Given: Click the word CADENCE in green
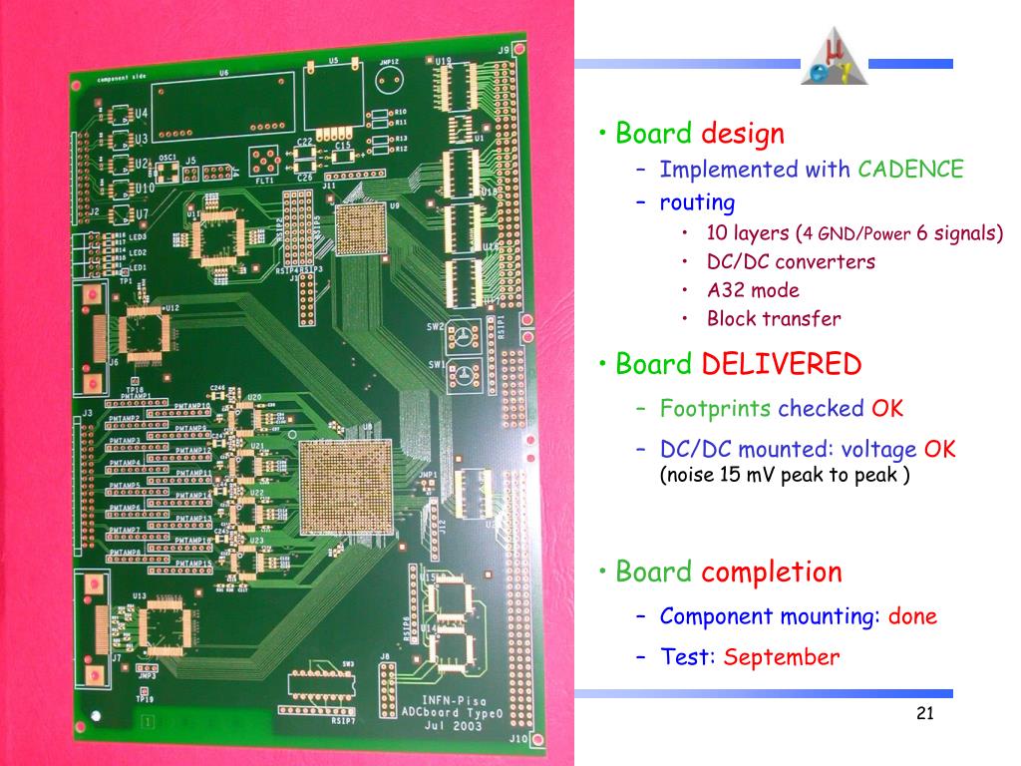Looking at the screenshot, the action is coord(911,170).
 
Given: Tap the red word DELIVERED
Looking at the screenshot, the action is coord(781,364).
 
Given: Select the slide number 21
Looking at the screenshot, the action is coord(924,713).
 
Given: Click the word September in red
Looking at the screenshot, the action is coord(782,657).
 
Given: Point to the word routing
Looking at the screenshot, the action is coord(697,202).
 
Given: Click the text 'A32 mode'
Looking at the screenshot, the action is coord(753,290).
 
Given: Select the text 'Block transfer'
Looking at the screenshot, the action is coord(774,319).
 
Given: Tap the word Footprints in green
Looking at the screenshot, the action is coord(715,408).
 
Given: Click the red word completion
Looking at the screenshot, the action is coord(772,573).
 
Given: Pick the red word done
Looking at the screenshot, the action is coord(912,615).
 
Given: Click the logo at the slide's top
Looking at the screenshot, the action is coord(836,58).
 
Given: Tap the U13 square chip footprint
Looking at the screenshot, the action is coord(164,626).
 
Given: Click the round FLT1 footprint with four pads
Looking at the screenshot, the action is coord(265,162).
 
